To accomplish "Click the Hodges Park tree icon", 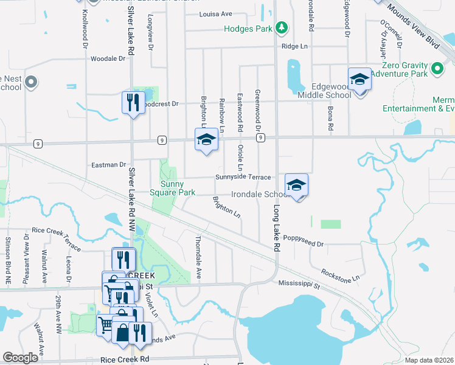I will (281, 27).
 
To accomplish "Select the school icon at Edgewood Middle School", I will (359, 80).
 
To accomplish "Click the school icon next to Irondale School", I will (296, 185).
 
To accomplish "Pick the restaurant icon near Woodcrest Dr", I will (133, 102).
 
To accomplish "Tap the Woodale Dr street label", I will (108, 59).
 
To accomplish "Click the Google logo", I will (20, 357).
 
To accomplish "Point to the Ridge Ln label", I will (294, 46).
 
